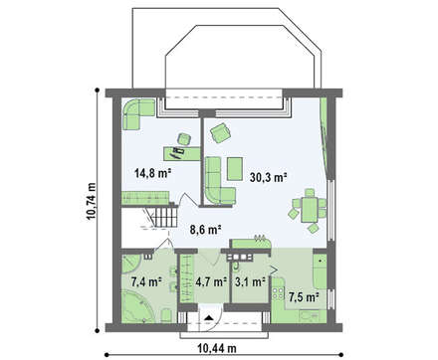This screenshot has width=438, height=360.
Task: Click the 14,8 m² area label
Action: [152, 173]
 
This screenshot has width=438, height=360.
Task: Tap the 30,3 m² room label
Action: [269, 177]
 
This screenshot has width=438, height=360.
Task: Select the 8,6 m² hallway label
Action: [206, 230]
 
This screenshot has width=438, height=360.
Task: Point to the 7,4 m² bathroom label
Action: [146, 281]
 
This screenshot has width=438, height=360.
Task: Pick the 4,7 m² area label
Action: [211, 281]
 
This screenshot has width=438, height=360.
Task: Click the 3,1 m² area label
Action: [250, 281]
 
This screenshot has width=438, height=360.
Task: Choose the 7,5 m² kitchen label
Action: [304, 297]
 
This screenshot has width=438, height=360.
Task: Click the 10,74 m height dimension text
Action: [91, 201]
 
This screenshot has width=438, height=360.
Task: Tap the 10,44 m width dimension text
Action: [217, 348]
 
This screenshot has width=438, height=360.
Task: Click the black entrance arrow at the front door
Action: [208, 317]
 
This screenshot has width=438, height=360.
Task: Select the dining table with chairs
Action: [308, 211]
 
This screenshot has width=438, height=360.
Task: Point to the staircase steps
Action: [164, 217]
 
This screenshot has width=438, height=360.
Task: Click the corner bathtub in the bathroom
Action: [137, 306]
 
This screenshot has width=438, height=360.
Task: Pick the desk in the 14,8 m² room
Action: [182, 153]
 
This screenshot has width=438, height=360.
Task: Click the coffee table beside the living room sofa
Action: [235, 169]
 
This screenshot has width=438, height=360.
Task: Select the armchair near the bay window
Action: [221, 132]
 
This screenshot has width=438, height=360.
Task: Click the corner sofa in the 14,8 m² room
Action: [137, 114]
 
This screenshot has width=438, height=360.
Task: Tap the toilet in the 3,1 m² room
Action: [236, 265]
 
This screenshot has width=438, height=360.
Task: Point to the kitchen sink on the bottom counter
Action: [310, 315]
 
